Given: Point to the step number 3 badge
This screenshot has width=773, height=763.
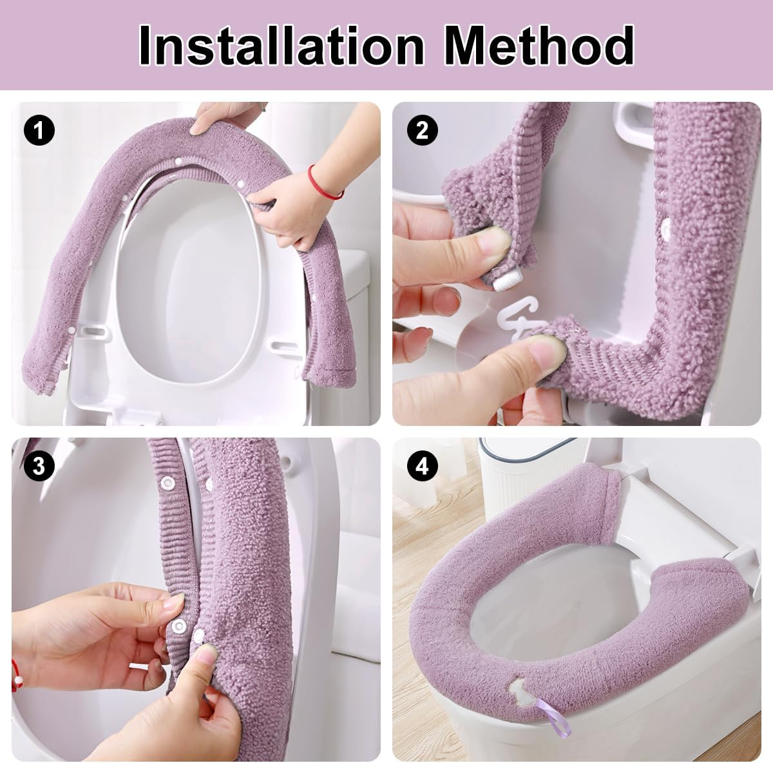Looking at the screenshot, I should (x=39, y=466).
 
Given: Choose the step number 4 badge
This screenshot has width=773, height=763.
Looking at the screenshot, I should (x=422, y=466).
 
